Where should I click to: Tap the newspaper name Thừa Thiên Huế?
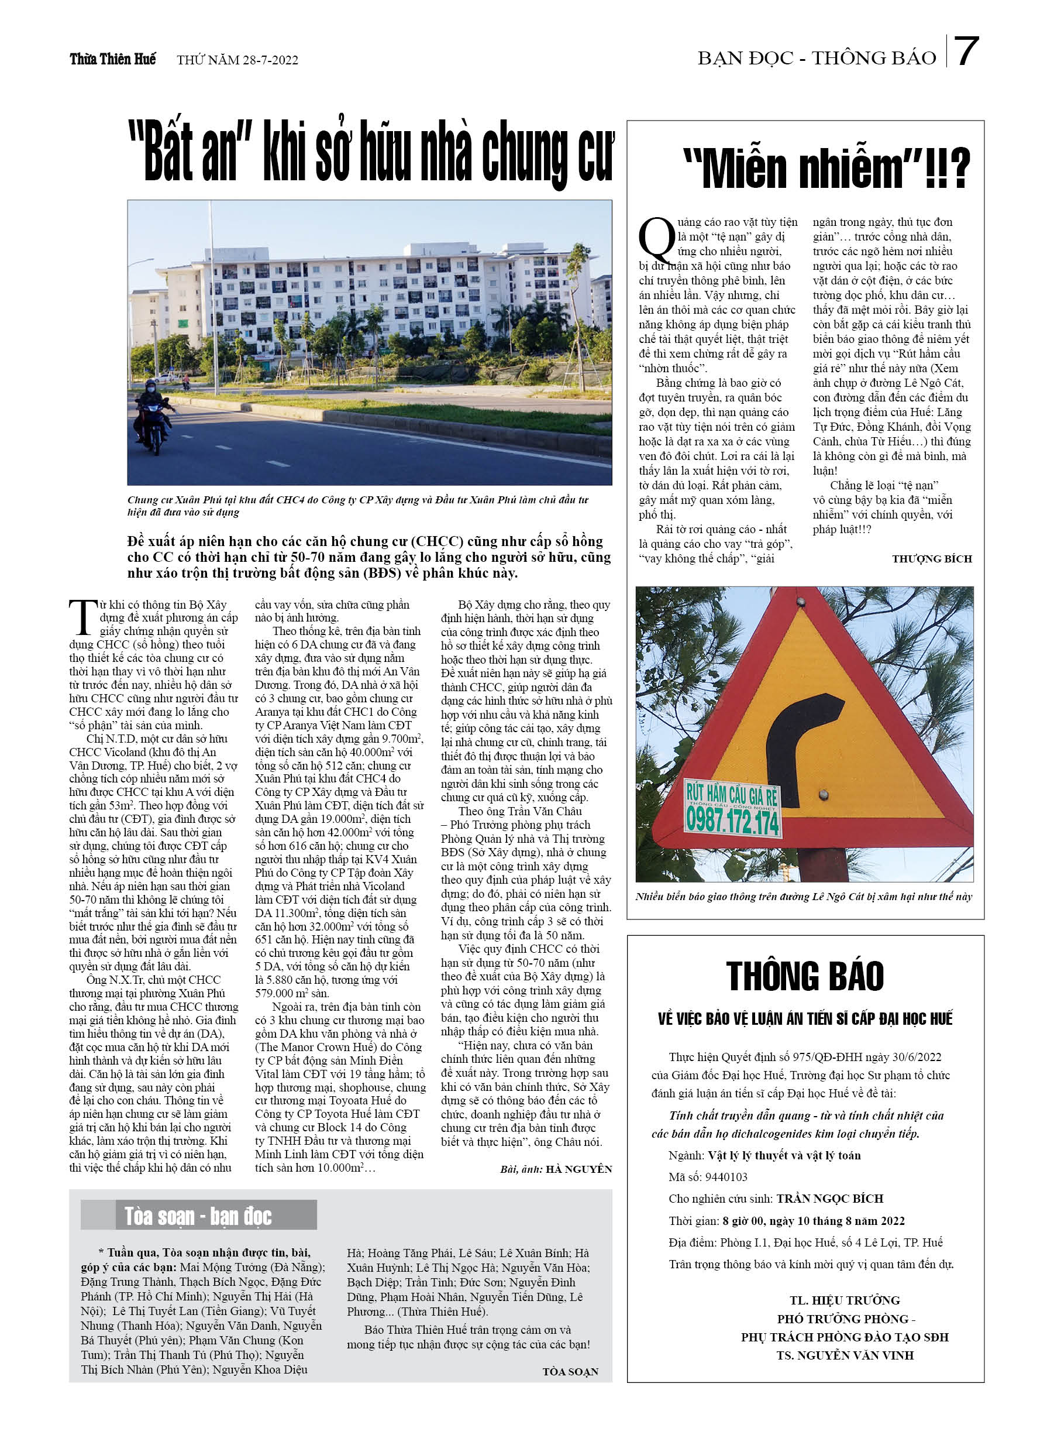tap(113, 60)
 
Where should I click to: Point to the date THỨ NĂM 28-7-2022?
tap(237, 60)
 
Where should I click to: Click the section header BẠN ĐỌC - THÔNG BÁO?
tap(817, 59)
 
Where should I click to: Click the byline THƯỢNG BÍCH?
tap(931, 559)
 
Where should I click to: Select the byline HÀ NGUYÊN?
tap(578, 1169)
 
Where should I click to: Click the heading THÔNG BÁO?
tap(804, 977)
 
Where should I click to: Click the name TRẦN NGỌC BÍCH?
tap(829, 1199)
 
